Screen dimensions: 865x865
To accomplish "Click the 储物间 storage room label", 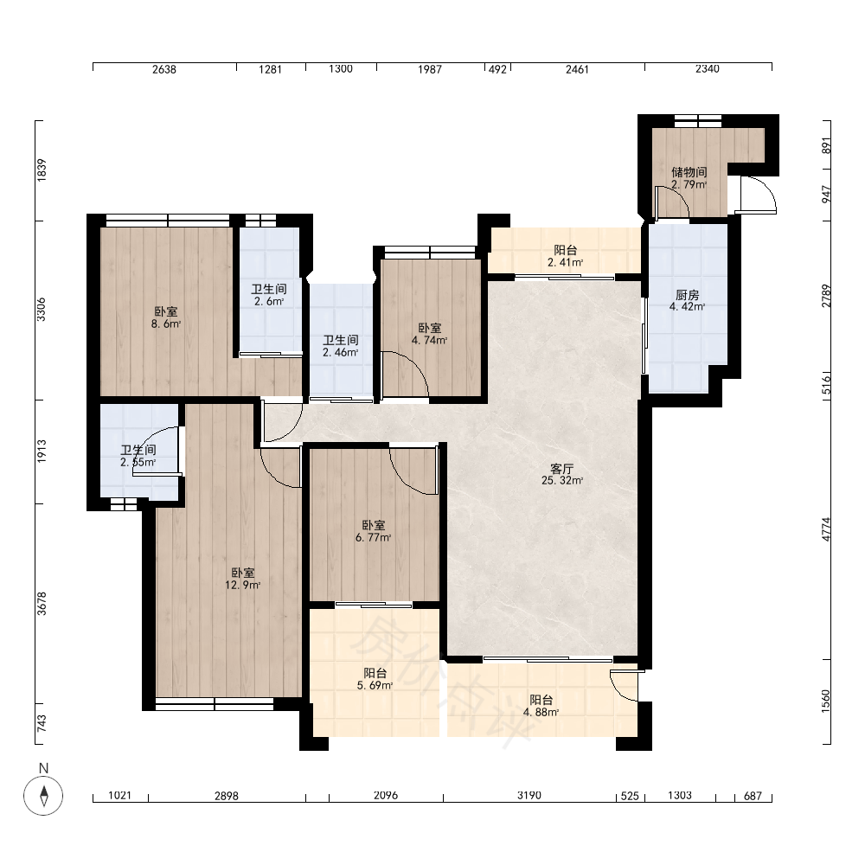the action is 689,172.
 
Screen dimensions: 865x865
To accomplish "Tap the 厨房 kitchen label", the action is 688,295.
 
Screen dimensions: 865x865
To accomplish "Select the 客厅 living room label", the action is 562,469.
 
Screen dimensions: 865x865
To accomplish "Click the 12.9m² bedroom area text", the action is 243,586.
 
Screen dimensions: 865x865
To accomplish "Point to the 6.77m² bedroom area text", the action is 374,537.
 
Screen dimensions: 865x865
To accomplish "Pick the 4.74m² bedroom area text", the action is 429,340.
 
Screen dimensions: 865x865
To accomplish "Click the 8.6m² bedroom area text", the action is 166,324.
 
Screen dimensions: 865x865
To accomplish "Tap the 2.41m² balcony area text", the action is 566,263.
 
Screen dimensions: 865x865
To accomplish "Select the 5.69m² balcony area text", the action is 375,686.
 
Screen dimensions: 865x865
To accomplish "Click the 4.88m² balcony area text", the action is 541,712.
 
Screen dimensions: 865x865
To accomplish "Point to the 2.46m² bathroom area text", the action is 340,353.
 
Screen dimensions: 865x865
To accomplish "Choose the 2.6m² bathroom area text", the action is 269,301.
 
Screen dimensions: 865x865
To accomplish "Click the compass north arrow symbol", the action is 43,796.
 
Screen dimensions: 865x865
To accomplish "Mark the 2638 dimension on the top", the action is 163,69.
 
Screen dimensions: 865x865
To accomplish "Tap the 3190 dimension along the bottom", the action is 529,795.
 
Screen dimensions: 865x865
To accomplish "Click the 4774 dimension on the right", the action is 826,529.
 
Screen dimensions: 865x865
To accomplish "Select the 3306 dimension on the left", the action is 42,310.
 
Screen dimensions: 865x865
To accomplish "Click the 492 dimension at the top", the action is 497,69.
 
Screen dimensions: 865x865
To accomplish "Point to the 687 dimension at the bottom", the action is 753,796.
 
